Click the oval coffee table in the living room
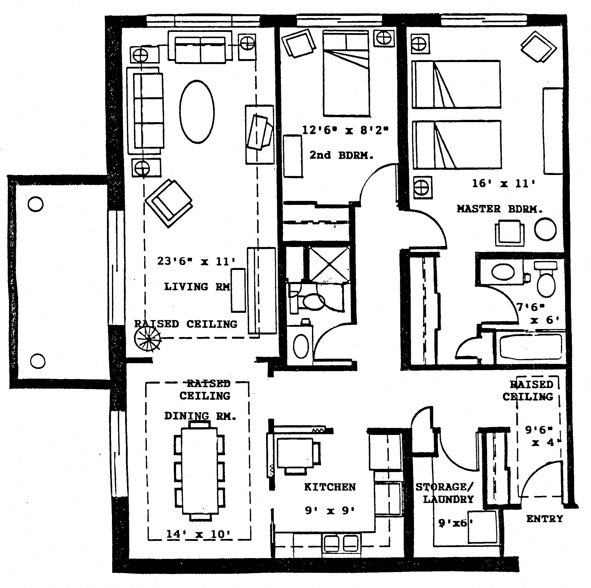click(197, 112)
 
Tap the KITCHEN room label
click(330, 487)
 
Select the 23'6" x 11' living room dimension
click(196, 261)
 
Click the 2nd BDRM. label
click(341, 155)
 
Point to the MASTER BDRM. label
click(499, 209)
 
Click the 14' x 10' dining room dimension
click(198, 534)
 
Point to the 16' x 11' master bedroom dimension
click(503, 183)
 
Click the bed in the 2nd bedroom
click(346, 73)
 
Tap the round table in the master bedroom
click(545, 229)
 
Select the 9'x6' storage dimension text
click(455, 523)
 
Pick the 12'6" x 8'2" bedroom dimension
click(345, 130)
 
